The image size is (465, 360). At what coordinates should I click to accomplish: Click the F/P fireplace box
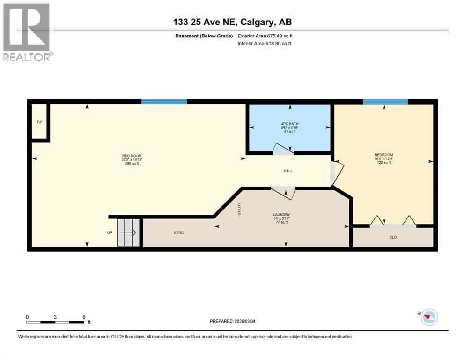(x=40, y=122)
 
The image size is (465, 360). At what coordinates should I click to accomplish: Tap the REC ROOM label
(x=132, y=156)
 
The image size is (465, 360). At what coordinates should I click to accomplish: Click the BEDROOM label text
(x=384, y=155)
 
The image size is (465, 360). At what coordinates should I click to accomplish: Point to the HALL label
(x=288, y=171)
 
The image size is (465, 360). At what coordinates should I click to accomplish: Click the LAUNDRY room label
(x=282, y=215)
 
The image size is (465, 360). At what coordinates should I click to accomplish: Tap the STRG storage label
(x=179, y=232)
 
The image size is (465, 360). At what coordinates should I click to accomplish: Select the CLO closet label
(x=393, y=237)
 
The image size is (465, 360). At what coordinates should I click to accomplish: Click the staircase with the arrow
(x=128, y=232)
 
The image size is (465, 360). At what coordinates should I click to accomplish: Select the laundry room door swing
(x=283, y=192)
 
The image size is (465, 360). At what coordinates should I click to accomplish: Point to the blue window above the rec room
(x=164, y=101)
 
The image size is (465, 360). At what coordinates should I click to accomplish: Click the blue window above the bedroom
(x=385, y=101)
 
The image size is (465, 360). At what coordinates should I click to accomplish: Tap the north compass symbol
(x=428, y=317)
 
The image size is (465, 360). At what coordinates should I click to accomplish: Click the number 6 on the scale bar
(x=83, y=317)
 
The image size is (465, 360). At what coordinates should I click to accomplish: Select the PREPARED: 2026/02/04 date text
(x=234, y=321)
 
